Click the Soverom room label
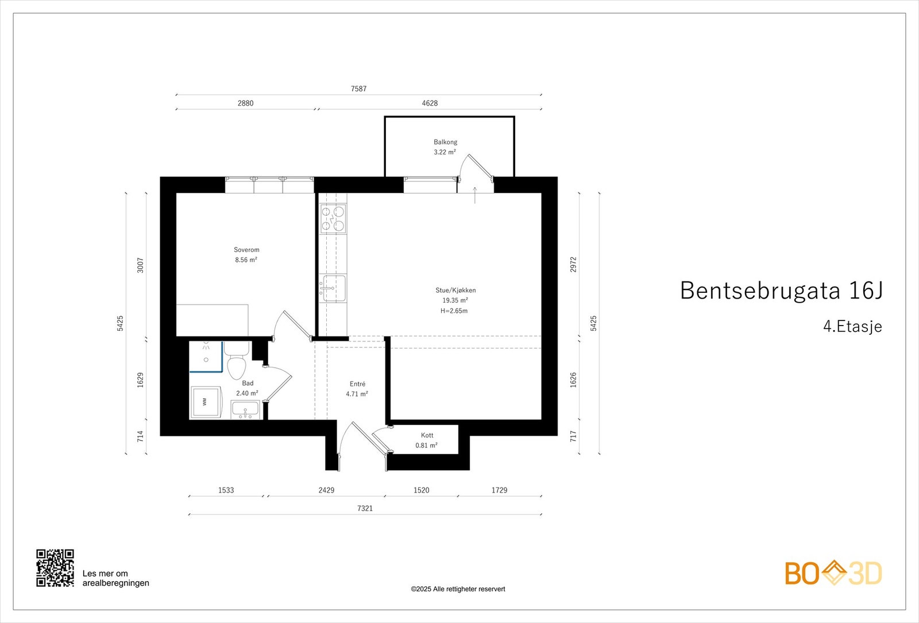click(246, 250)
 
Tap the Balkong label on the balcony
click(446, 142)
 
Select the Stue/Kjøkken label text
click(455, 291)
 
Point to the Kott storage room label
click(427, 435)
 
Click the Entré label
click(357, 384)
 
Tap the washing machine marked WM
click(206, 402)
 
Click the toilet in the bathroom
click(236, 361)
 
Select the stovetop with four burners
click(333, 219)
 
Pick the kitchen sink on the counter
click(334, 288)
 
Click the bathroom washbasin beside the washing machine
click(245, 410)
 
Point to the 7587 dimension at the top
click(358, 88)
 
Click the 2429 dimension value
click(327, 490)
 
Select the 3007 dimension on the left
click(140, 265)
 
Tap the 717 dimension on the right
click(574, 436)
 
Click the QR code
click(55, 568)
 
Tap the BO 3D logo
click(833, 573)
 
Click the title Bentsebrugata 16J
click(782, 291)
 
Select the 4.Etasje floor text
click(852, 327)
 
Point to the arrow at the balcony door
click(475, 195)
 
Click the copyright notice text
click(458, 589)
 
